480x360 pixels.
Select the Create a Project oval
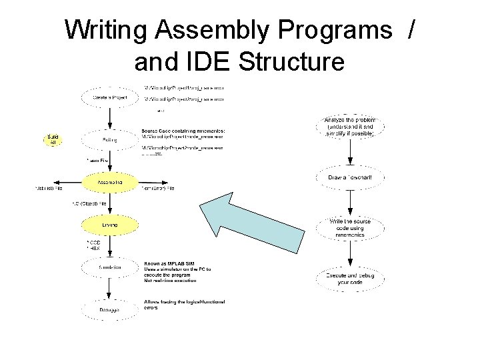click(110, 97)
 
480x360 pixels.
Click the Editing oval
click(110, 140)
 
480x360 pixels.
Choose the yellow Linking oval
click(110, 225)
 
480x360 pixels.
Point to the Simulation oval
click(110, 267)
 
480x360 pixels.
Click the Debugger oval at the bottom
click(110, 310)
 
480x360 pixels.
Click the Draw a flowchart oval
click(351, 177)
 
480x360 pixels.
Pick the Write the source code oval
click(351, 227)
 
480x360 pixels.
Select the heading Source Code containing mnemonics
click(183, 131)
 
